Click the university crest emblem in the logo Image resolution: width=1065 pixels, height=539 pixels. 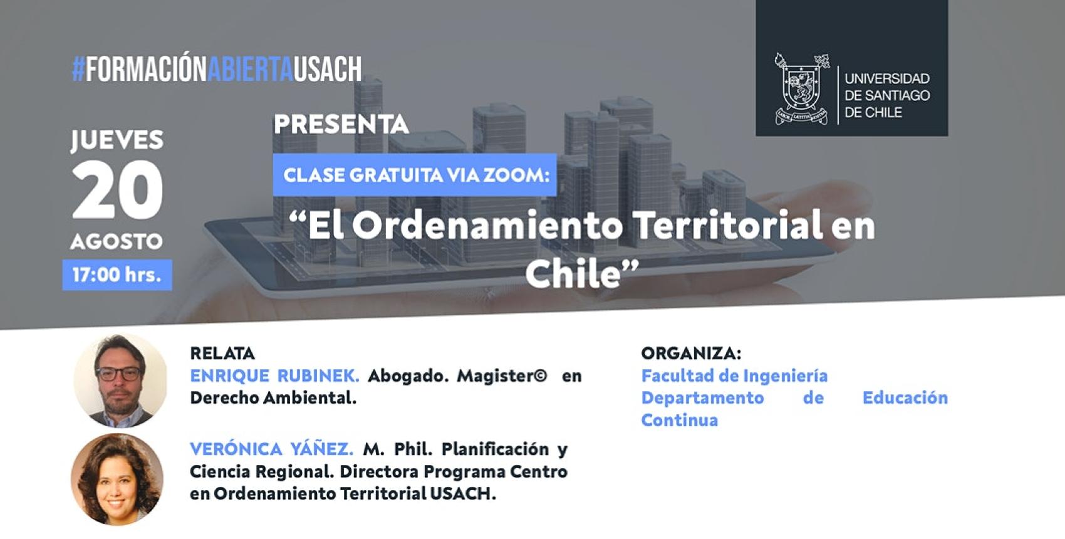click(x=802, y=89)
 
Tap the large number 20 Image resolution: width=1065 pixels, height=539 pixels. click(x=117, y=189)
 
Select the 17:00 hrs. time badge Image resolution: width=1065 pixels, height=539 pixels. click(x=117, y=275)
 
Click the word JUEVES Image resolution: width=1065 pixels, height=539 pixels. click(x=117, y=140)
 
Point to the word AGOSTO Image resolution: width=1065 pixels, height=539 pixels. click(x=117, y=241)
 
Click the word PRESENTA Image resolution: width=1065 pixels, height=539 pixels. click(x=341, y=124)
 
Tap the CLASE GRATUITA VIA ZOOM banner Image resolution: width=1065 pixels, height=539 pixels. click(x=415, y=175)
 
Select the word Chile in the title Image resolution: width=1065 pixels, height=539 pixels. click(x=573, y=273)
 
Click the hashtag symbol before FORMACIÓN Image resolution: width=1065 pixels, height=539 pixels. click(x=78, y=69)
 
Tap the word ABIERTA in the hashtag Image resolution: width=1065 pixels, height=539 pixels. click(x=250, y=69)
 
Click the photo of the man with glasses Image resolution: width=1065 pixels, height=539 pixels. click(x=120, y=380)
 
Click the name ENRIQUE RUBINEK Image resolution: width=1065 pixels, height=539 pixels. click(x=274, y=376)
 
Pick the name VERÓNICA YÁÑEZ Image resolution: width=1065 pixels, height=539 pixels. click(x=271, y=449)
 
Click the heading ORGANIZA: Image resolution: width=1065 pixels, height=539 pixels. click(x=691, y=353)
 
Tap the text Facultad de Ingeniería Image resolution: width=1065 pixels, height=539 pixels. click(x=734, y=376)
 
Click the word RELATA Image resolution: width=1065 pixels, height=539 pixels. click(x=222, y=353)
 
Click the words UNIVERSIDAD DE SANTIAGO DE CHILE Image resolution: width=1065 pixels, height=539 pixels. click(x=886, y=95)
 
